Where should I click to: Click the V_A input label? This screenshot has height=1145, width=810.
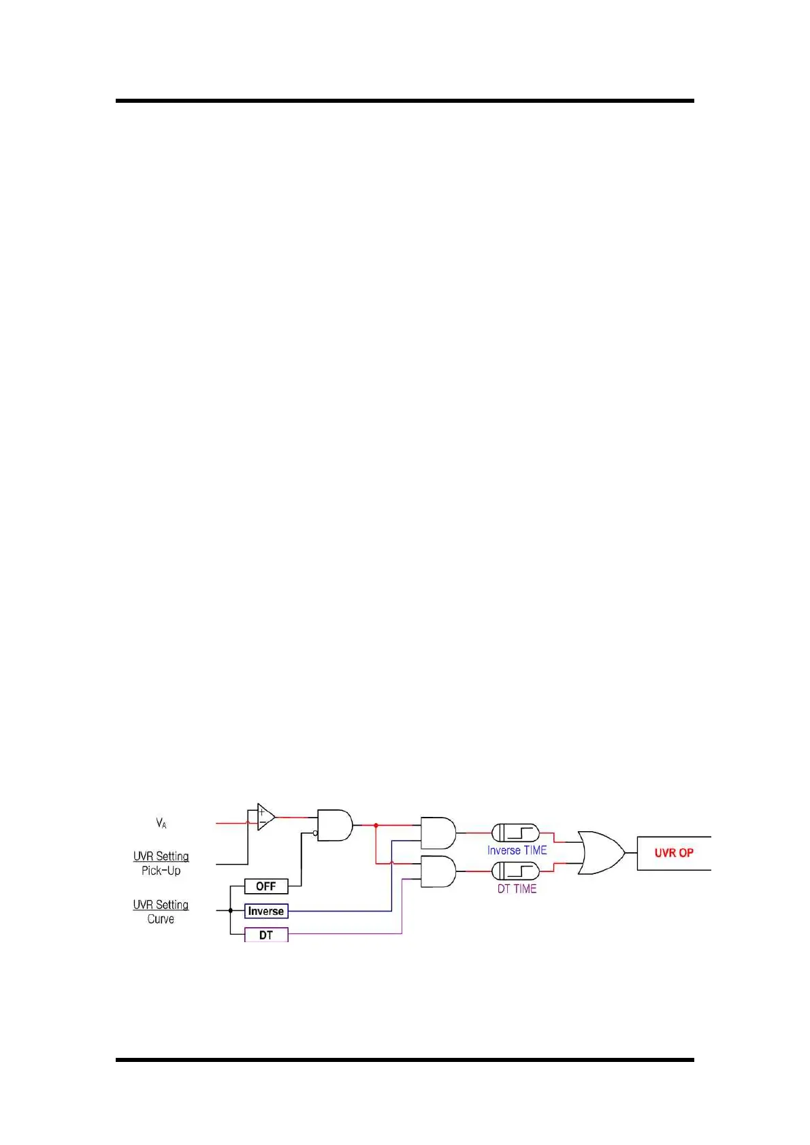[x=161, y=824]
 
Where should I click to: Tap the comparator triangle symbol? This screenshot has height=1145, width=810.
[x=265, y=817]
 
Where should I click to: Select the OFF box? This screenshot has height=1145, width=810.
[x=266, y=886]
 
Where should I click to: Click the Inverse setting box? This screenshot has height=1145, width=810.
[x=266, y=911]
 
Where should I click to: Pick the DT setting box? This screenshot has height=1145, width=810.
[x=266, y=935]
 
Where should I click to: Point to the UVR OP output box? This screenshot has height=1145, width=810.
[x=674, y=853]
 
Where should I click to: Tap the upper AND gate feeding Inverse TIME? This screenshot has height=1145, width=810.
[x=438, y=833]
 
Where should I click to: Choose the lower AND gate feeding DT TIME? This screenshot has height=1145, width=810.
[x=438, y=871]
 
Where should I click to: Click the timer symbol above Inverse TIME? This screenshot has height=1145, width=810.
[x=515, y=833]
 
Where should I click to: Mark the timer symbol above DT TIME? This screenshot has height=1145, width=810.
[x=515, y=871]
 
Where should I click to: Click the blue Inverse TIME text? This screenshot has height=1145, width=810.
[x=517, y=850]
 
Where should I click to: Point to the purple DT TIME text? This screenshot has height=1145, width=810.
[x=517, y=889]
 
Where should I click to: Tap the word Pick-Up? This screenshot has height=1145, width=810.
[x=161, y=871]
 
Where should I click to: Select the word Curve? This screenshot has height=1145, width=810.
[x=161, y=919]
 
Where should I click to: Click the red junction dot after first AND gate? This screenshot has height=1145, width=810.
[x=376, y=825]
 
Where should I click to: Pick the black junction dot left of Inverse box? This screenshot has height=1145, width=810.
[x=231, y=911]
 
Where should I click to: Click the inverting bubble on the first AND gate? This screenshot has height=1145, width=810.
[x=315, y=833]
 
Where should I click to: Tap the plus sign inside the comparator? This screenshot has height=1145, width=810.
[x=261, y=811]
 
